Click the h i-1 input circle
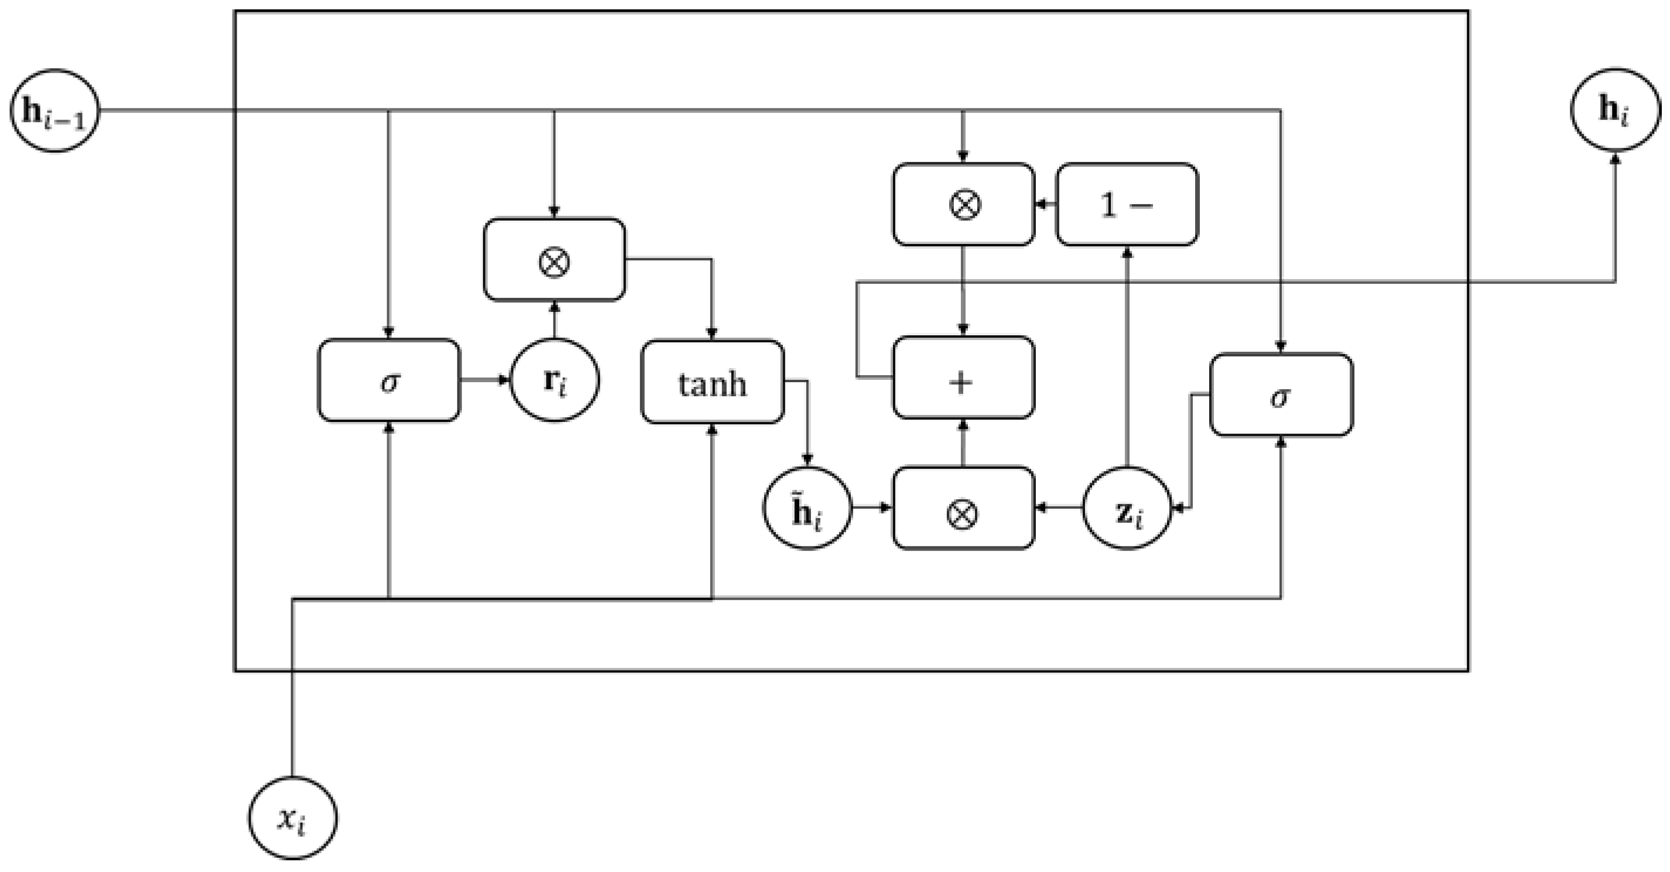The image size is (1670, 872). (54, 111)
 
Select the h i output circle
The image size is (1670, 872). (1615, 109)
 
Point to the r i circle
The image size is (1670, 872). (555, 381)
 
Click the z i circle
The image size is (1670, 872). (1128, 509)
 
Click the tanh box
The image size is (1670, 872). (713, 382)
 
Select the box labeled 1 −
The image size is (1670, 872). (1127, 205)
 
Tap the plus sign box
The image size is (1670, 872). (963, 377)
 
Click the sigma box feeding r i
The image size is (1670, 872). (389, 381)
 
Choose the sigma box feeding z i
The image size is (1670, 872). (1281, 394)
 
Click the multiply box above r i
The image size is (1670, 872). (555, 260)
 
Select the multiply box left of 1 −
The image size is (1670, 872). (963, 205)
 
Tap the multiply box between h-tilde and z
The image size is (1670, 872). (963, 509)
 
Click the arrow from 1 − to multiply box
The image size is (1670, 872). (1046, 205)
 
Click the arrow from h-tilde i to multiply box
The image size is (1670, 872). (872, 509)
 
